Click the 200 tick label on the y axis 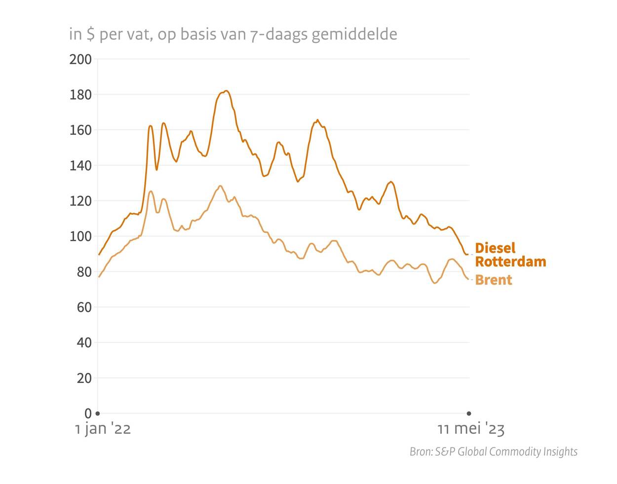click(x=80, y=60)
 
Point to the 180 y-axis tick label click(x=80, y=95)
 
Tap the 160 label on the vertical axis click(x=80, y=130)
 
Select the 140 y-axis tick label click(x=80, y=166)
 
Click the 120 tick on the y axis click(x=80, y=201)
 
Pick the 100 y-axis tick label click(x=80, y=237)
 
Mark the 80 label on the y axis click(x=84, y=272)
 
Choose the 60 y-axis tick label click(x=84, y=307)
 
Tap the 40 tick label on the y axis click(x=84, y=343)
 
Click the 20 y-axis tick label click(x=84, y=378)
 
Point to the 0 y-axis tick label click(x=88, y=413)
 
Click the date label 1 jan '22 click(x=103, y=429)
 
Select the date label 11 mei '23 click(x=471, y=429)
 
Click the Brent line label click(x=493, y=280)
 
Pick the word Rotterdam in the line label click(x=510, y=261)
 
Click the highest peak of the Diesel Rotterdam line click(x=226, y=91)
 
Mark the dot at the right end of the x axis click(x=469, y=413)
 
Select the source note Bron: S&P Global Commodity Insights click(x=493, y=451)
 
